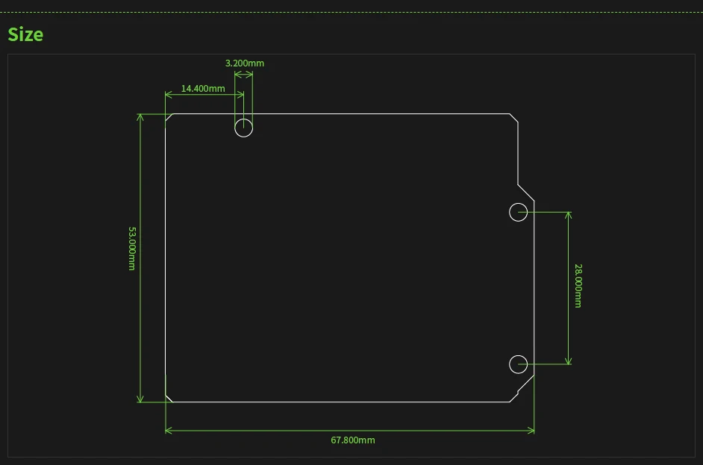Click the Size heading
25,34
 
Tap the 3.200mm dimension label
245,63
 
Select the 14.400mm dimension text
203,89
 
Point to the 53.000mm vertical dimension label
132,249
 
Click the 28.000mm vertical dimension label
578,285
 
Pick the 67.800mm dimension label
353,440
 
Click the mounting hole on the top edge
244,128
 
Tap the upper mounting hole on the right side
518,212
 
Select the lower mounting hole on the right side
518,364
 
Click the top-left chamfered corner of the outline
169,118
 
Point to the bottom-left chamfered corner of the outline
169,398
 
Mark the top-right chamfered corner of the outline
514,118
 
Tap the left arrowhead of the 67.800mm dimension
168,430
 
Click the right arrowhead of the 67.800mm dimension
531,430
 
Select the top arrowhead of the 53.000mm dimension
140,117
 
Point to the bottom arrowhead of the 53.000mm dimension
140,399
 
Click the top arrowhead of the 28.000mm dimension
568,215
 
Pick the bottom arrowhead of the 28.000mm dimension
568,361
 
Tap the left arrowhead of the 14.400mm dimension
168,95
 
